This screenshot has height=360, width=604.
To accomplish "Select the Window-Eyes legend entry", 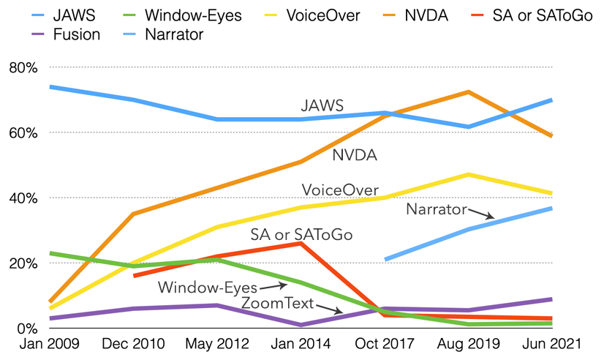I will pos(192,15).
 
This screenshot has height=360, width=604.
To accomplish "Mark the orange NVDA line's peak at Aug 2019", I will pos(467,92).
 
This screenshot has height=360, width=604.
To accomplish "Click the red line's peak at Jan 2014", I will pos(301,243).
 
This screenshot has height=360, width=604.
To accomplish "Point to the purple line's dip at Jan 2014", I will pos(301,325).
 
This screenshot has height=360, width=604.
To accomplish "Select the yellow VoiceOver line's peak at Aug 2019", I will pos(467,174).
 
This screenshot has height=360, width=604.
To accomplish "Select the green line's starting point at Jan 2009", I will pos(50,253).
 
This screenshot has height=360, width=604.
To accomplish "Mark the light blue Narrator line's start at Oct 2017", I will pos(385,259).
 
